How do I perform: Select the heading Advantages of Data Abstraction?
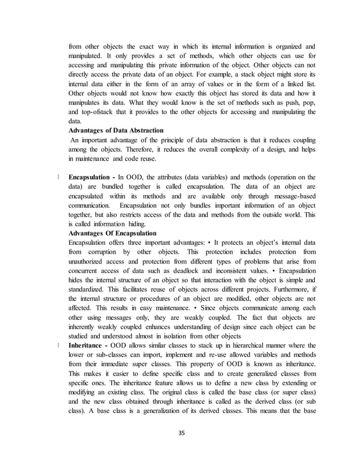click(116, 130)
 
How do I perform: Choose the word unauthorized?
click(91, 263)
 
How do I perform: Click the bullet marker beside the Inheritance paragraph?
click(58, 345)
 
